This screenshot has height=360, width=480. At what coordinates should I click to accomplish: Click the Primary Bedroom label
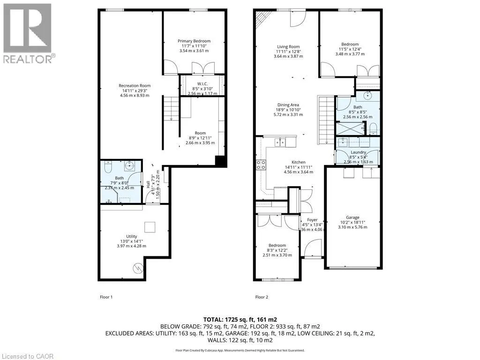pyautogui.click(x=194, y=41)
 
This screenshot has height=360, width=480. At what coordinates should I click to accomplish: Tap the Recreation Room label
pyautogui.click(x=135, y=85)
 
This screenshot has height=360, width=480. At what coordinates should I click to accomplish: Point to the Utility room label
pyautogui.click(x=132, y=237)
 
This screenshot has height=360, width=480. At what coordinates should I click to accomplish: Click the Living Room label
pyautogui.click(x=288, y=46)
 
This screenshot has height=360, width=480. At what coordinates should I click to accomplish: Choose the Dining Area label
pyautogui.click(x=288, y=105)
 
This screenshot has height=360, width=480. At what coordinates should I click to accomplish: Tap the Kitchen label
pyautogui.click(x=298, y=162)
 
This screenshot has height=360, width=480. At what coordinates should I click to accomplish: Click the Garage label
pyautogui.click(x=352, y=217)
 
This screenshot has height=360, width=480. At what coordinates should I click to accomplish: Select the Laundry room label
pyautogui.click(x=358, y=152)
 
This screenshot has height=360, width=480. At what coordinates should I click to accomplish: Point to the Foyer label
pyautogui.click(x=312, y=219)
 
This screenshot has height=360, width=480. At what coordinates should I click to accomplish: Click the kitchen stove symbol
pyautogui.click(x=261, y=165)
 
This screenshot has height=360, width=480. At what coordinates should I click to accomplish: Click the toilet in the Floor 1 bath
pyautogui.click(x=106, y=167)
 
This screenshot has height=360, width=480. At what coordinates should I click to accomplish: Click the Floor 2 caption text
pyautogui.click(x=261, y=297)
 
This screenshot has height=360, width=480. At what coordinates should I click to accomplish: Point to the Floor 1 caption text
pyautogui.click(x=106, y=297)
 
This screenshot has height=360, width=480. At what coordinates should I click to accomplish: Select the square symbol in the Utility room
pyautogui.click(x=150, y=227)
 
